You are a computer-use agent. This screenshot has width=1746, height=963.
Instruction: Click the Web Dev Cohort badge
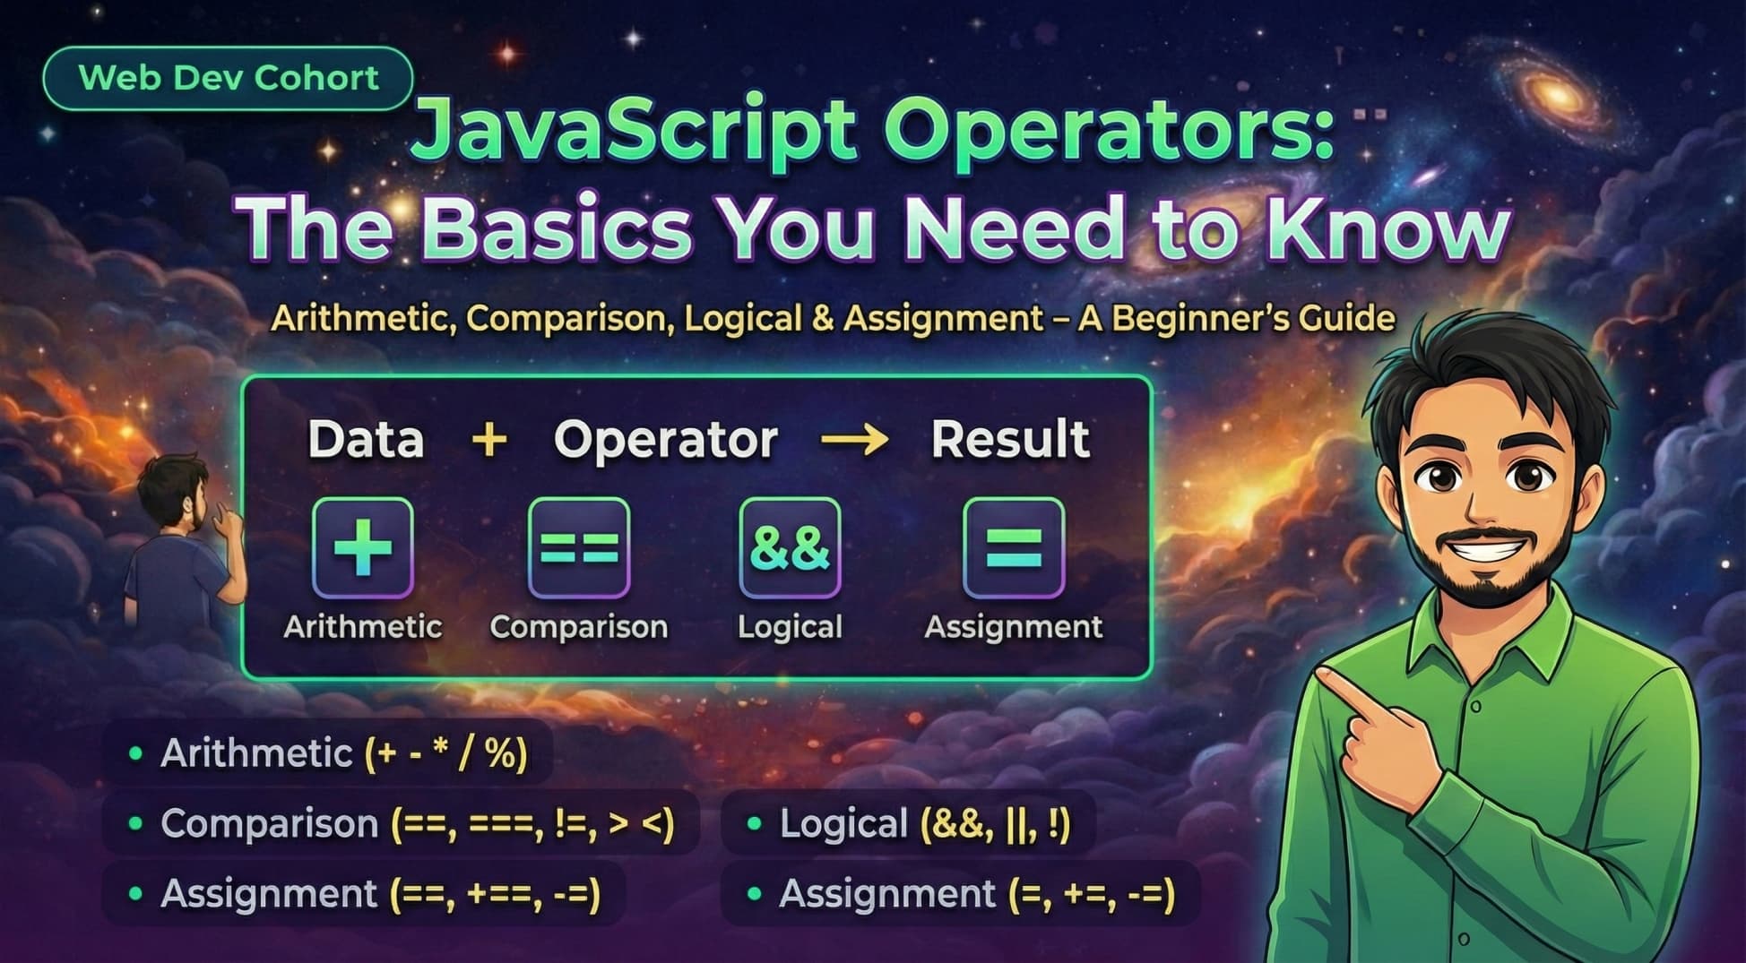[228, 78]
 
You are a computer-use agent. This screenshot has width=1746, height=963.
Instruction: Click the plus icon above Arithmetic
[363, 547]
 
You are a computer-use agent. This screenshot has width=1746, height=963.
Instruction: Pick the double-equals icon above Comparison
[579, 547]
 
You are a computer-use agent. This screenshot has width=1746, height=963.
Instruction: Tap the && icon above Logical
[790, 547]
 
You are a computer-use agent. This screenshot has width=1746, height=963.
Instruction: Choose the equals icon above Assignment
[1014, 547]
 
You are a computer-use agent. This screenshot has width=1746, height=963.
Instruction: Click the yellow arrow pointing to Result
[854, 440]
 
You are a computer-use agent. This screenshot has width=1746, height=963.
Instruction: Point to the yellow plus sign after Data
[489, 440]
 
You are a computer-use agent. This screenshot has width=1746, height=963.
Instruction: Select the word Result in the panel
[1010, 439]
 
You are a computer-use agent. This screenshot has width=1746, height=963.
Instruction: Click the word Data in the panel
[366, 439]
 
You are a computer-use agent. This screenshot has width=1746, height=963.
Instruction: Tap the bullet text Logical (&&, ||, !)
[924, 823]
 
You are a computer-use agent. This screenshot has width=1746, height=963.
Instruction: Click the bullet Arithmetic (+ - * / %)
[343, 753]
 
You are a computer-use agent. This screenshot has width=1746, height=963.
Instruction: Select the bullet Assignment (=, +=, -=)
[976, 894]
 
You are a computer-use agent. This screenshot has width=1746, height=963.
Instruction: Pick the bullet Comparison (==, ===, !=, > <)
[417, 823]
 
